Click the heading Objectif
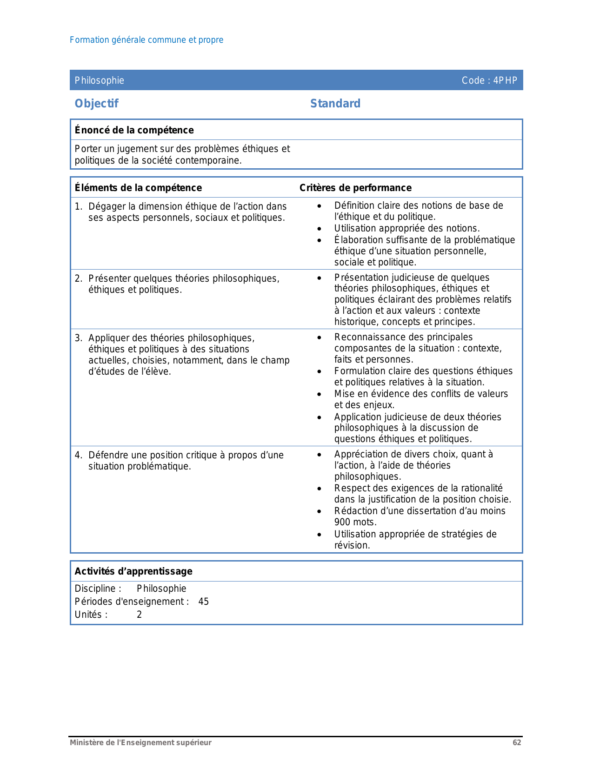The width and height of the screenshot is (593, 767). (96, 103)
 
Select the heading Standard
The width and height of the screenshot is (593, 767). (335, 103)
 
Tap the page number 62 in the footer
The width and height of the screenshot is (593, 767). (517, 742)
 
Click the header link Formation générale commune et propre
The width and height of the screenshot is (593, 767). (147, 40)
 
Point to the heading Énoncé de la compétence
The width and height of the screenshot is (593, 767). (134, 130)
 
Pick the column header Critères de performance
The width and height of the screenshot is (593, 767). (355, 188)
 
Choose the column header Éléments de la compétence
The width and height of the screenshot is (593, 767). (138, 188)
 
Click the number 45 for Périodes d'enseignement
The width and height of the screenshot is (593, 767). (203, 602)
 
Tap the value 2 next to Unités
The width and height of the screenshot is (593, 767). (139, 615)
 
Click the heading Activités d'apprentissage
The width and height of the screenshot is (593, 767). (133, 571)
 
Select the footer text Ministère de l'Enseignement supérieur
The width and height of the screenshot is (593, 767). (140, 742)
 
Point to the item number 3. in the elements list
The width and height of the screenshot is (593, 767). (79, 338)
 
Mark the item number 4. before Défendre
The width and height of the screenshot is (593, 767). (79, 455)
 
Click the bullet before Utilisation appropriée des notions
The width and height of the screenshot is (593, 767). (319, 229)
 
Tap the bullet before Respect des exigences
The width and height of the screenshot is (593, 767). (319, 489)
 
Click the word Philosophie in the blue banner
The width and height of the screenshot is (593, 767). (100, 80)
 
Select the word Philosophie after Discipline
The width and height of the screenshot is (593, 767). (161, 588)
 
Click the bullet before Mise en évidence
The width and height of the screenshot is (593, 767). (319, 394)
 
